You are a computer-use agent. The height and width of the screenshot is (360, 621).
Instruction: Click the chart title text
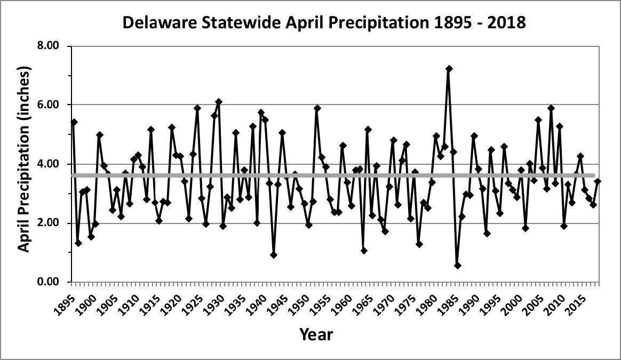324,23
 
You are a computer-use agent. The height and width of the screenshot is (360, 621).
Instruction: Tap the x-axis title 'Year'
316,334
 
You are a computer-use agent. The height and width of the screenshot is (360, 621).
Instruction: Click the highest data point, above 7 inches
449,69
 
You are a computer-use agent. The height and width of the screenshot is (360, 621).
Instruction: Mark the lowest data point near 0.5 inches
457,266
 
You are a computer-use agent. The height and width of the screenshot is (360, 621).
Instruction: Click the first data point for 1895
74,122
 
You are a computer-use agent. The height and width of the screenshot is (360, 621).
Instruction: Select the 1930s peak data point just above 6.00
219,102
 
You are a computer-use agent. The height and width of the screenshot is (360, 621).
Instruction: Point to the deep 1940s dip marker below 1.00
274,255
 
